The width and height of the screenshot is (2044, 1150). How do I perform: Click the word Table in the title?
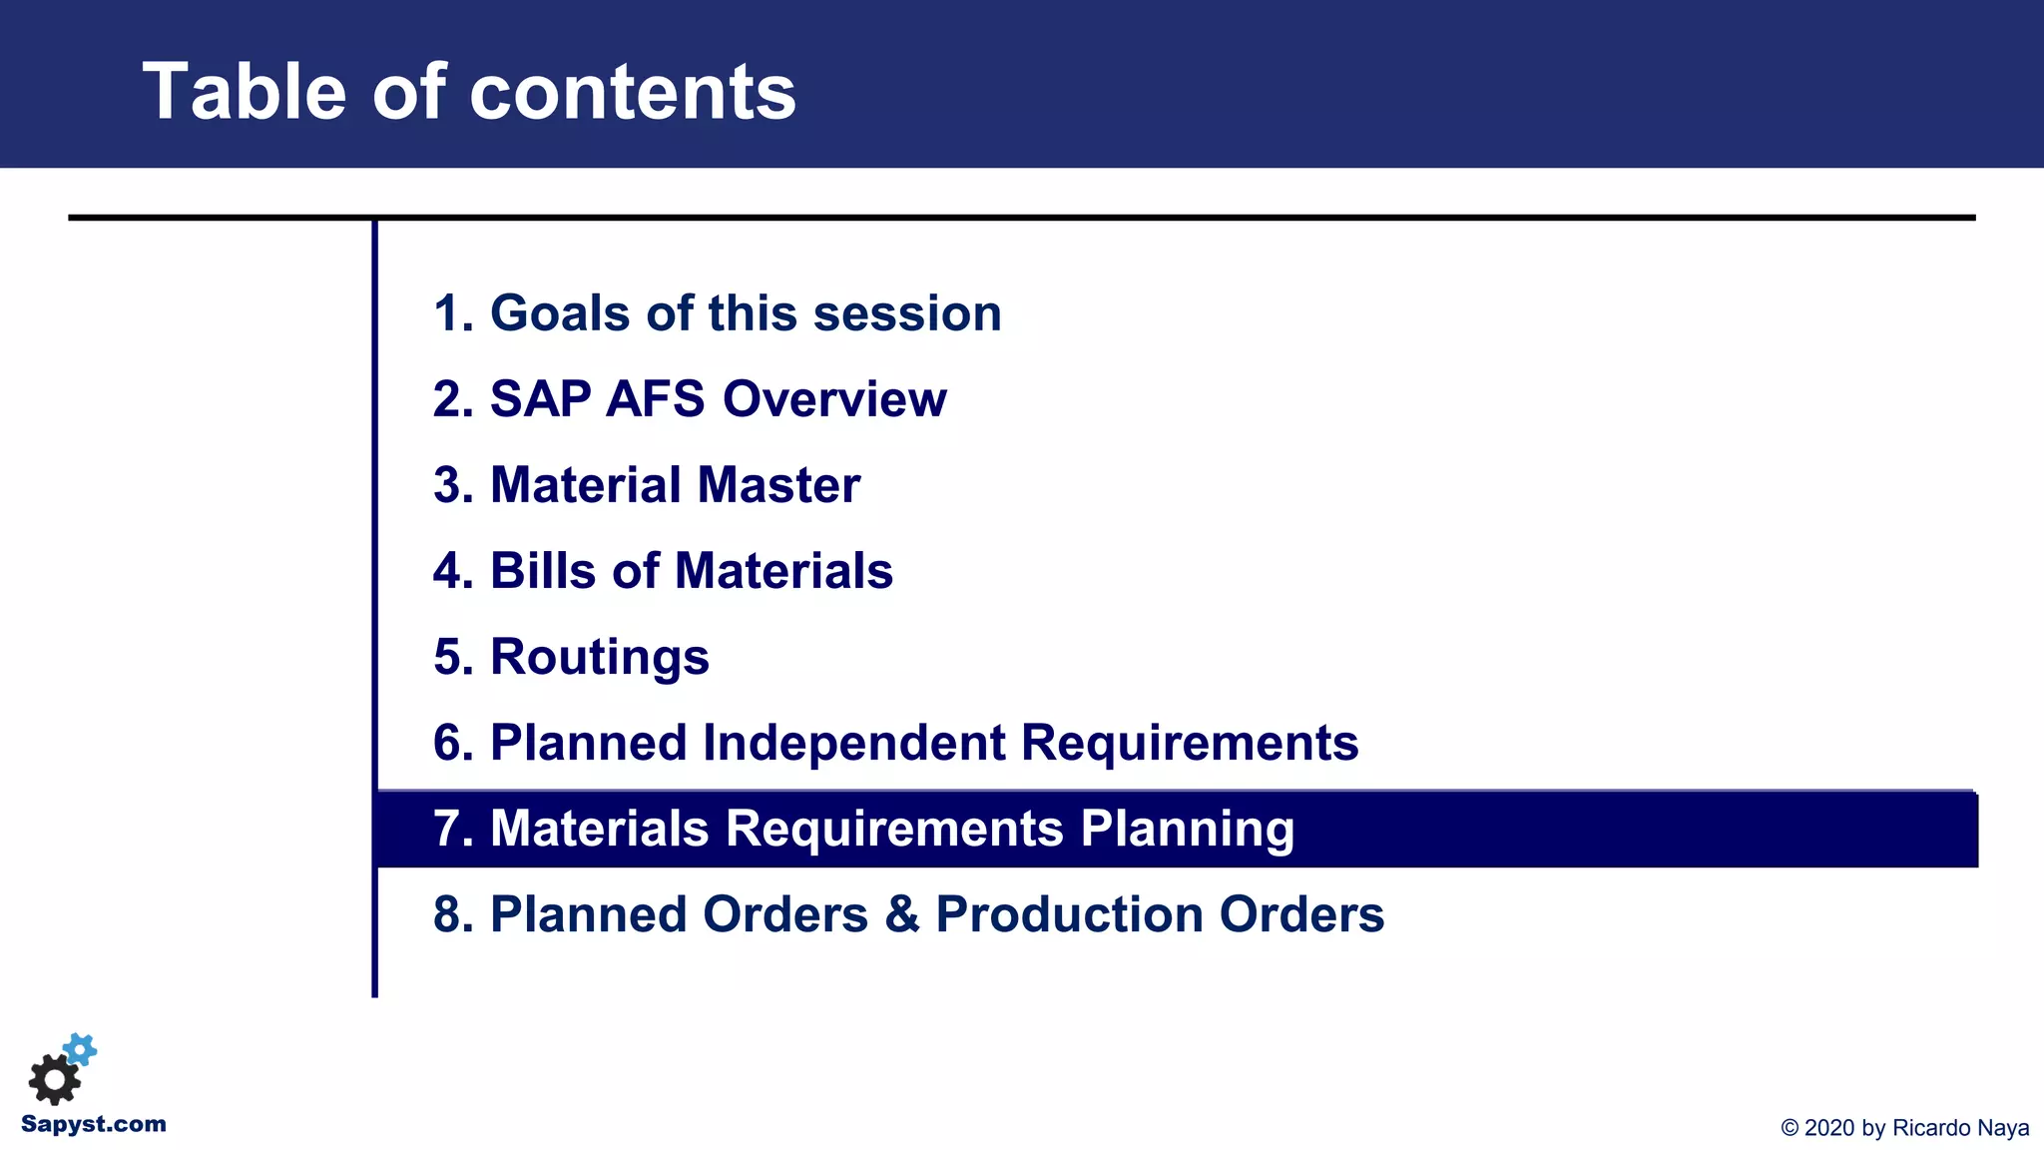tap(246, 92)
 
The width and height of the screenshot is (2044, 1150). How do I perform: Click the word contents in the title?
tap(632, 92)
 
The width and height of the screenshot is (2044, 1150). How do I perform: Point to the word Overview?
tap(834, 399)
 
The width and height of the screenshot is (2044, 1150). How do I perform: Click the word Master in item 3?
tap(778, 485)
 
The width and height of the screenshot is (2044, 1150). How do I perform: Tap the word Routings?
tap(599, 658)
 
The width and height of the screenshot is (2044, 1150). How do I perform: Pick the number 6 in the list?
tap(447, 743)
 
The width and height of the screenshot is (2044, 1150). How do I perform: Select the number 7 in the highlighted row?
tap(447, 829)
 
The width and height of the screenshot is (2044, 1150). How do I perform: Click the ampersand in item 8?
tap(901, 914)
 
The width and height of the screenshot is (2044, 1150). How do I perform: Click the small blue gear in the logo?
tap(80, 1049)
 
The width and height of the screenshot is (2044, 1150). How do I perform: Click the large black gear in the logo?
tap(54, 1079)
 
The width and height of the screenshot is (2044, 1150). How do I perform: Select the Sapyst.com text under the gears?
tap(94, 1124)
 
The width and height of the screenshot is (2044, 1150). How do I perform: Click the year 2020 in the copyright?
tap(1829, 1128)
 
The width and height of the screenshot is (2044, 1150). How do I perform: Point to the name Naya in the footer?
tap(2003, 1128)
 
